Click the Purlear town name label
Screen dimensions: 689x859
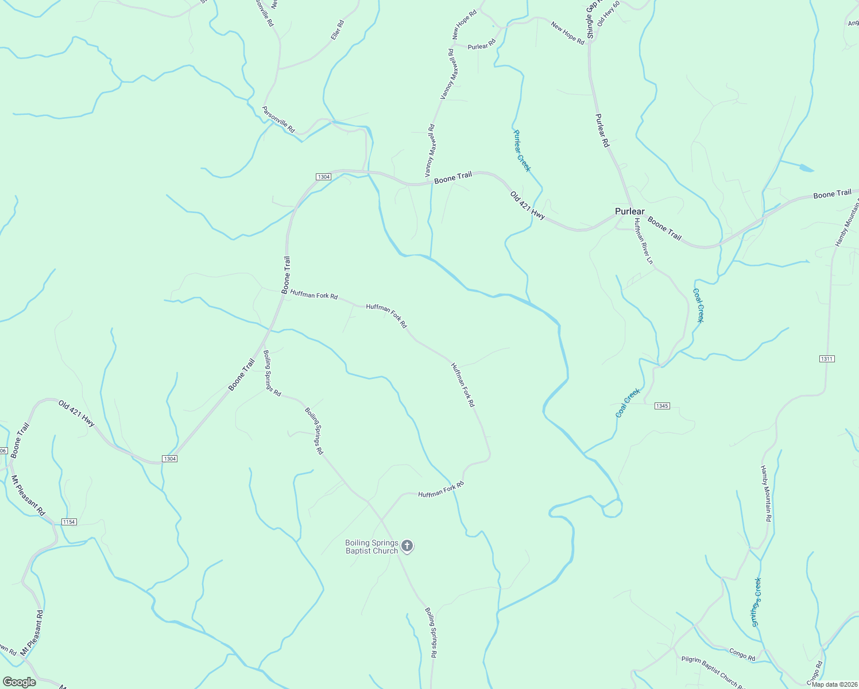point(629,211)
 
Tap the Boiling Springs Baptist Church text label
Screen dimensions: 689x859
point(372,547)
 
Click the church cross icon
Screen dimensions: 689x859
point(407,545)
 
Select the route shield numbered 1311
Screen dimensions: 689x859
point(827,359)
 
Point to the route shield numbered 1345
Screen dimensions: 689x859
point(661,406)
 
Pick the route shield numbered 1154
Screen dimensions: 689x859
point(69,522)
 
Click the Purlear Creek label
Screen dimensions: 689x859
point(521,150)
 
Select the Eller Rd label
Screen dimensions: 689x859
point(337,30)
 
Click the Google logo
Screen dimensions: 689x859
point(19,682)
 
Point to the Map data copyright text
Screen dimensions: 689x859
point(834,684)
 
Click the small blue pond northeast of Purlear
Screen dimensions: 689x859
point(804,168)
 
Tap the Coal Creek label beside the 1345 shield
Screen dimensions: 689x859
point(627,403)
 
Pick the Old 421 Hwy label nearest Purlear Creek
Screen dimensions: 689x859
point(527,206)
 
